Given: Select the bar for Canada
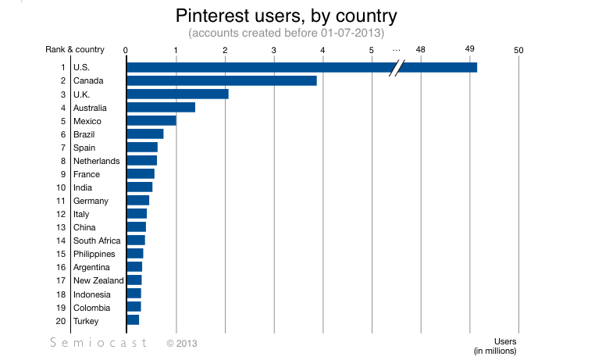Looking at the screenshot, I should (221, 80).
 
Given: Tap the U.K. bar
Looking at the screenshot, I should (177, 94).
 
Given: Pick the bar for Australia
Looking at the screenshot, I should (160, 107).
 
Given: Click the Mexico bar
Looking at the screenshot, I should (151, 120).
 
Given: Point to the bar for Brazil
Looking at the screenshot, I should (144, 134).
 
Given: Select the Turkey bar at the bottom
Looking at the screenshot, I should (133, 319).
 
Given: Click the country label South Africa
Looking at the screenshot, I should (97, 241).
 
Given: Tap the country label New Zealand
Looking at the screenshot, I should (98, 280).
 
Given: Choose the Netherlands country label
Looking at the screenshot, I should (97, 161).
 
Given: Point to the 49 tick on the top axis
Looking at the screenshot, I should (470, 50).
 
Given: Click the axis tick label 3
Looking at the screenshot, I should (274, 50).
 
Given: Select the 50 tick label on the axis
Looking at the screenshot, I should (518, 50).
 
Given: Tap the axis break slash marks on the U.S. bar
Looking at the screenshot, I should (397, 67).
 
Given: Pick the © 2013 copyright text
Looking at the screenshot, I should (181, 342).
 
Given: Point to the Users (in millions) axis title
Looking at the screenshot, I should (495, 346).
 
